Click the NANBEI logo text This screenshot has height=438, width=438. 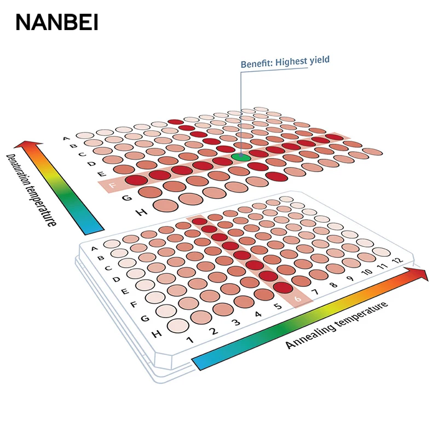57,22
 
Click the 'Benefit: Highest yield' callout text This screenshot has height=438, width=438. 285,61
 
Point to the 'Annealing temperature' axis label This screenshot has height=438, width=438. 337,325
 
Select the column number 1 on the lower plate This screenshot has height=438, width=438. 190,340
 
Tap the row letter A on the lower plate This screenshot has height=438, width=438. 94,250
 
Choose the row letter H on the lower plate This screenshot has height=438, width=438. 157,333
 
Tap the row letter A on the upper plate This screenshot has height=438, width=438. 67,139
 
